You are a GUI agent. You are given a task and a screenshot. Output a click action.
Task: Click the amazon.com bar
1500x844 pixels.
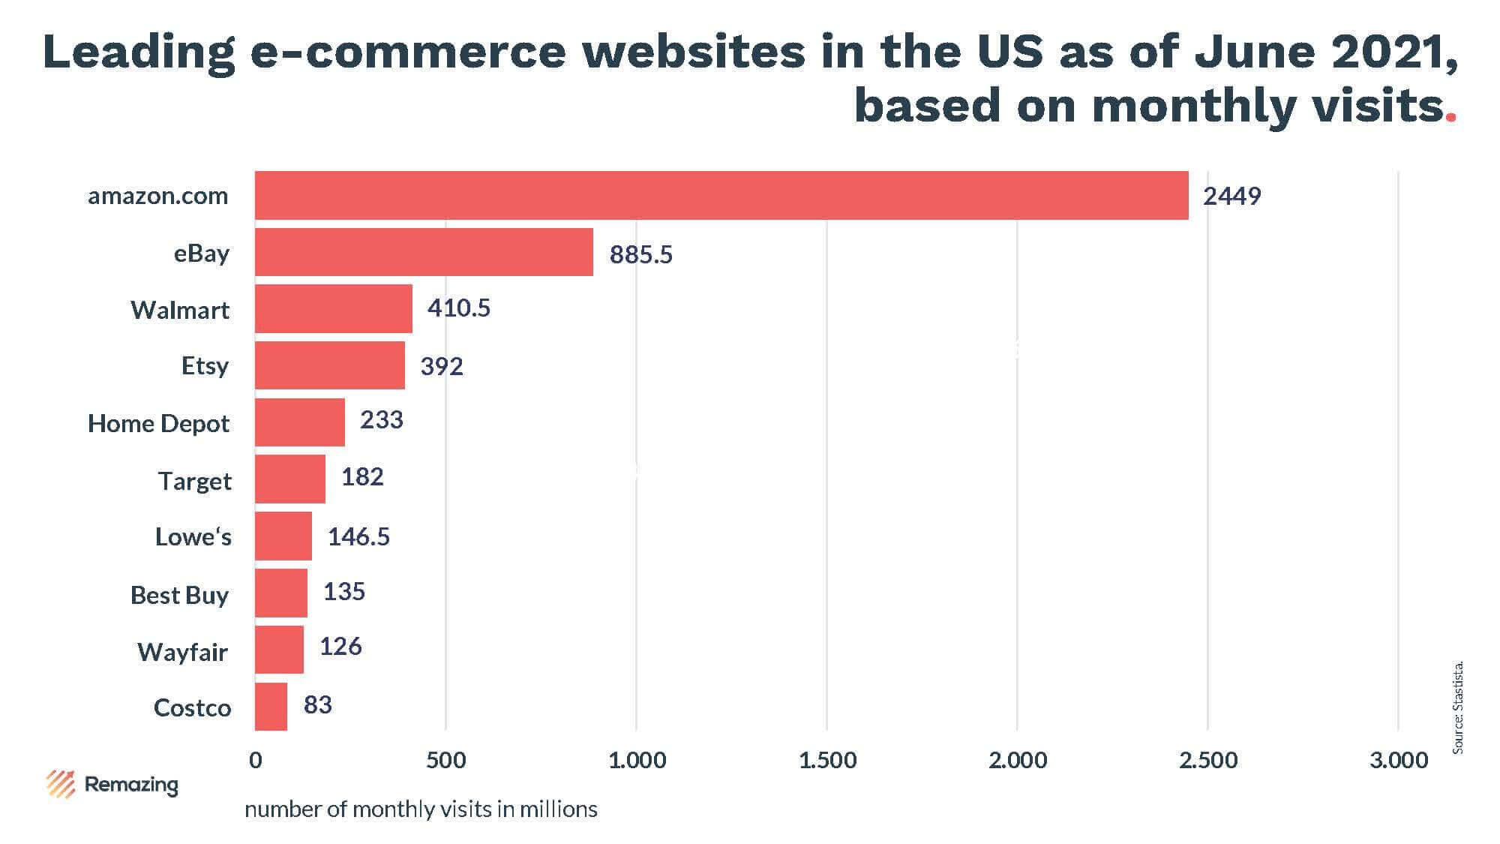[721, 196]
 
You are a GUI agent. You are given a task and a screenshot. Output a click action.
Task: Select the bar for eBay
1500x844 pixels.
[424, 253]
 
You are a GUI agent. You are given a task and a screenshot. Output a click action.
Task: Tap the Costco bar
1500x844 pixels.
[271, 707]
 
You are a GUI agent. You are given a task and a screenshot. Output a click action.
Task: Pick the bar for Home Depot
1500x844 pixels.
[299, 422]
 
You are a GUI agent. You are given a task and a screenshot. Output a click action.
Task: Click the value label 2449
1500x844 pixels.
[1231, 197]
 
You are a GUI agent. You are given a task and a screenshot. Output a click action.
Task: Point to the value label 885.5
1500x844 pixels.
[640, 255]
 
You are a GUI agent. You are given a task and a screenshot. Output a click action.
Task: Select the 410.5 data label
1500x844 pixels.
[458, 308]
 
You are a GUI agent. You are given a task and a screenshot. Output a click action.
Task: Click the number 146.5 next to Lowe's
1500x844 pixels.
[358, 537]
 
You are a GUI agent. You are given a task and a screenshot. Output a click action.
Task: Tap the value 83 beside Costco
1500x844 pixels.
[317, 705]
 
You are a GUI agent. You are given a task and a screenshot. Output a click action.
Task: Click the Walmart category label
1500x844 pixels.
[180, 310]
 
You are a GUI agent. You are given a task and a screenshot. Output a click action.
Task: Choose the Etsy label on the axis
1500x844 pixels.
[205, 366]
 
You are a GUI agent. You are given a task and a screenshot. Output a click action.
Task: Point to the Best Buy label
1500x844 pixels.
[179, 595]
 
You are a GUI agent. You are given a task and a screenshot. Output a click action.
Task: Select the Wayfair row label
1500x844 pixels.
[182, 652]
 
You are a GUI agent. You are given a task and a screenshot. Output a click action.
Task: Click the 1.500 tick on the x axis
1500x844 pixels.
[827, 761]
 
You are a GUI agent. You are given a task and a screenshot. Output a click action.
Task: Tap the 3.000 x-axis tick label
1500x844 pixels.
[1399, 761]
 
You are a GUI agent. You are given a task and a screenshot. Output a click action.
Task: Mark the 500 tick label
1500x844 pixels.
[445, 761]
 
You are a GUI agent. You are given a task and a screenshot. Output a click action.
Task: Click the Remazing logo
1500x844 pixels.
[112, 785]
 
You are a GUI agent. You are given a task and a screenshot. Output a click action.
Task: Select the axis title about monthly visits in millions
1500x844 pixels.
[421, 809]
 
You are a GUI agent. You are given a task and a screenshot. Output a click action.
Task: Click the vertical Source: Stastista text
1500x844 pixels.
[1458, 707]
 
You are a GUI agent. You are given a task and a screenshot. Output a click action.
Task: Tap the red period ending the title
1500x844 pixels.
[1450, 117]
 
